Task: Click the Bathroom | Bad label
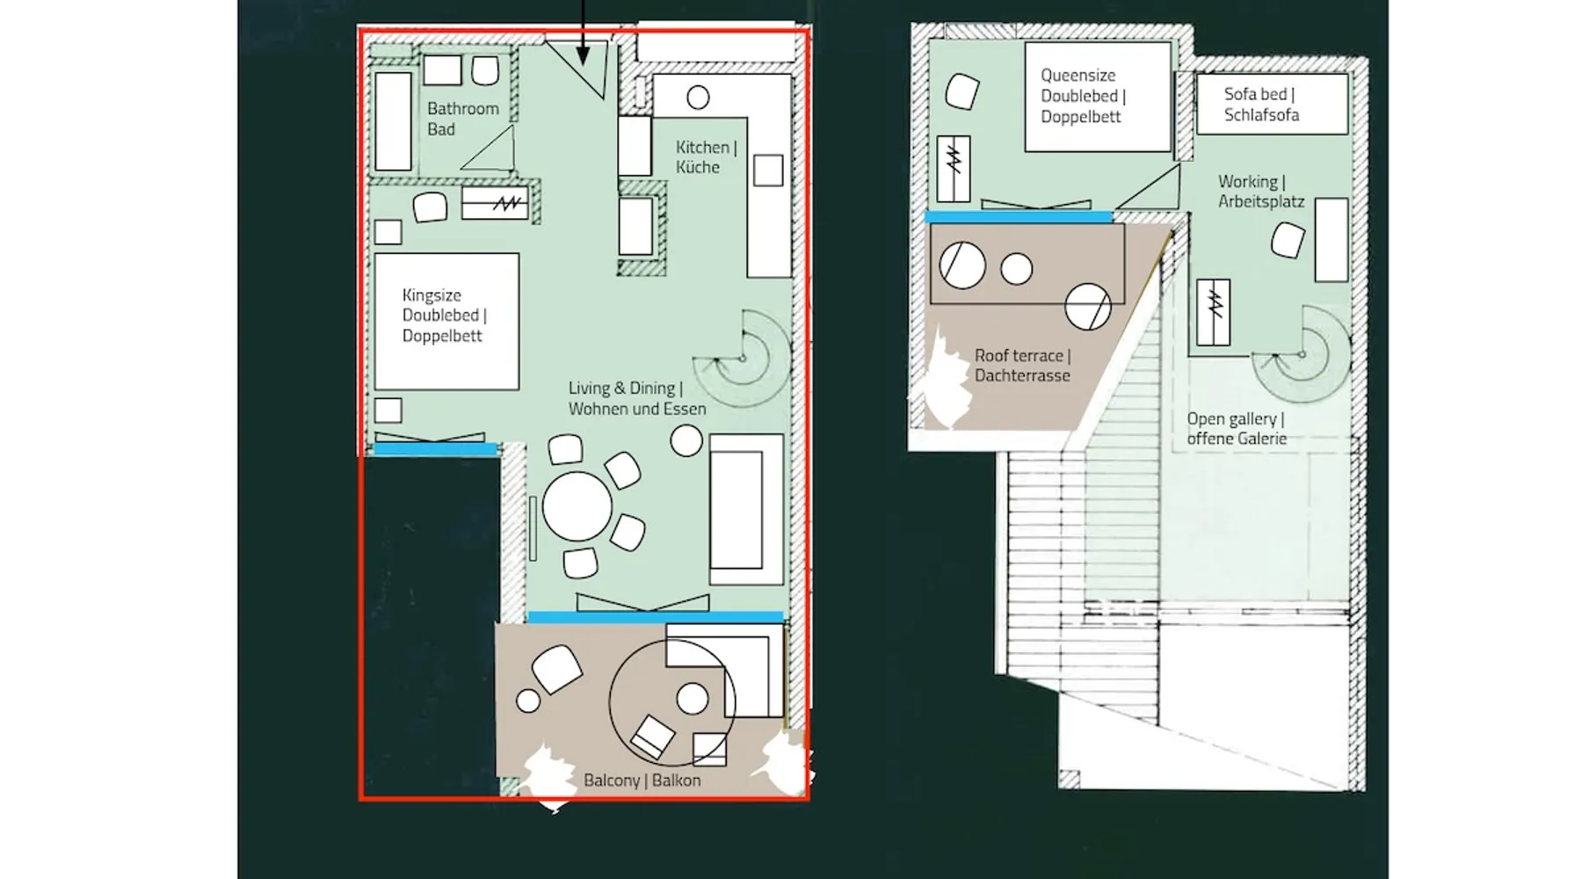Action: [x=462, y=119]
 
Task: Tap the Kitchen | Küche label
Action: [x=706, y=156]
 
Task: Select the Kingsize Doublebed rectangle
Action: [x=446, y=322]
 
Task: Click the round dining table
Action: [x=577, y=506]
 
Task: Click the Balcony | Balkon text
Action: [x=642, y=780]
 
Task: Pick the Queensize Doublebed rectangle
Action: [x=1098, y=97]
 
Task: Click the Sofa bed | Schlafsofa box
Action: [x=1271, y=104]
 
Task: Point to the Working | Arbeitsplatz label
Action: [x=1260, y=191]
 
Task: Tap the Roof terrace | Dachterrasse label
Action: [x=1022, y=366]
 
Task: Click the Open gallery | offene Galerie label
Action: [x=1236, y=428]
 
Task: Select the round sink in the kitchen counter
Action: [x=698, y=97]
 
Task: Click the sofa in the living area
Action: [x=745, y=510]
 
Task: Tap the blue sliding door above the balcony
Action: [x=655, y=617]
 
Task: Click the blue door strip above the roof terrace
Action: [x=1018, y=216]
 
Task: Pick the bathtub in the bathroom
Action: [x=393, y=121]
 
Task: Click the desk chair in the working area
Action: [x=1287, y=240]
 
